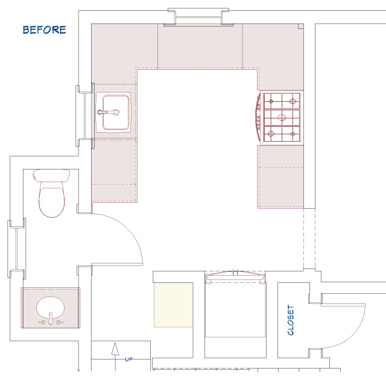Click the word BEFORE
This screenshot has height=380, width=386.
click(44, 30)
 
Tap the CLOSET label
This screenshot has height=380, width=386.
click(291, 320)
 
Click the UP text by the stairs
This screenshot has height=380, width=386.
click(128, 359)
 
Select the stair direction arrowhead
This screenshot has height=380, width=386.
click(115, 349)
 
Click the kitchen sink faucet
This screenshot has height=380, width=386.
click(109, 112)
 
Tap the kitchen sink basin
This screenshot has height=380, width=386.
click(116, 112)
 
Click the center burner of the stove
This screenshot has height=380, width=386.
click(282, 118)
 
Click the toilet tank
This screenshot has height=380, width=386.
click(51, 176)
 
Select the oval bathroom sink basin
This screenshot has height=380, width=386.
click(51, 308)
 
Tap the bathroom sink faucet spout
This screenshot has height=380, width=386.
click(51, 318)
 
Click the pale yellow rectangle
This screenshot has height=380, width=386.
click(173, 305)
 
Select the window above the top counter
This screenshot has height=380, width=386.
click(198, 17)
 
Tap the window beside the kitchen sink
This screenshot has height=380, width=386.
click(85, 115)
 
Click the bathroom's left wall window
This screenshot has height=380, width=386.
click(17, 249)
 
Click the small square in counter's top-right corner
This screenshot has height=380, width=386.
click(301, 27)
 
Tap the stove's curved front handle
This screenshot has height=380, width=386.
click(258, 118)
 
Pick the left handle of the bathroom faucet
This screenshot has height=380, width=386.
click(42, 322)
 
